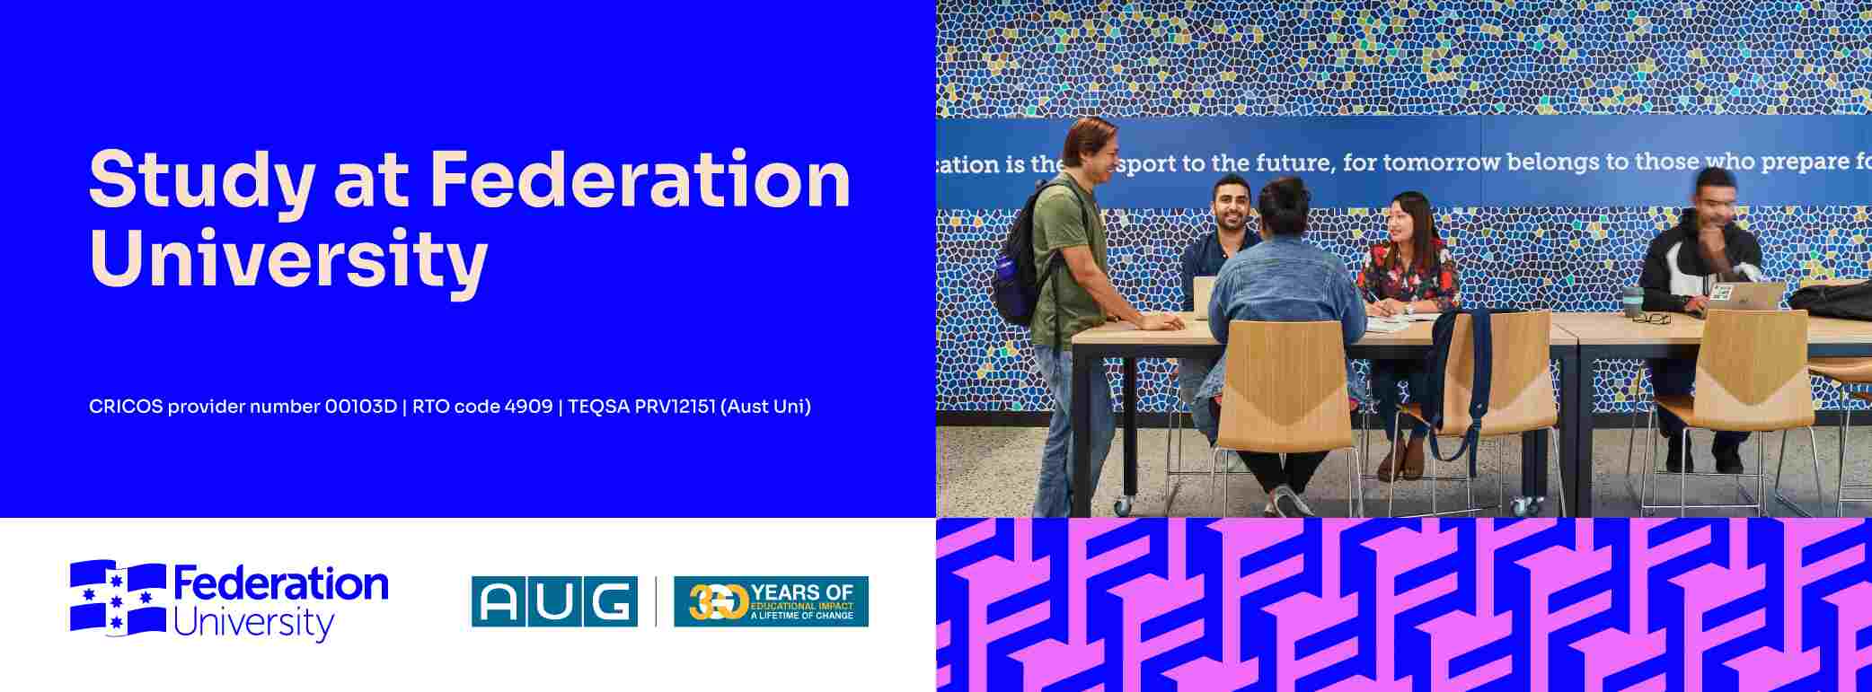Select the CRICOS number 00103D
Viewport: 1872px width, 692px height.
[x=360, y=407]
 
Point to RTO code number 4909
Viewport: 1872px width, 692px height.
[x=528, y=407]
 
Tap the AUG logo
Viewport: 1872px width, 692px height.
[x=554, y=601]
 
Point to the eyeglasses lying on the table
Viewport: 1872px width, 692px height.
[x=1651, y=317]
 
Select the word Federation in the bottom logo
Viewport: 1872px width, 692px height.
[x=280, y=584]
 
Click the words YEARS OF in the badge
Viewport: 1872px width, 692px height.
[x=802, y=591]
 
